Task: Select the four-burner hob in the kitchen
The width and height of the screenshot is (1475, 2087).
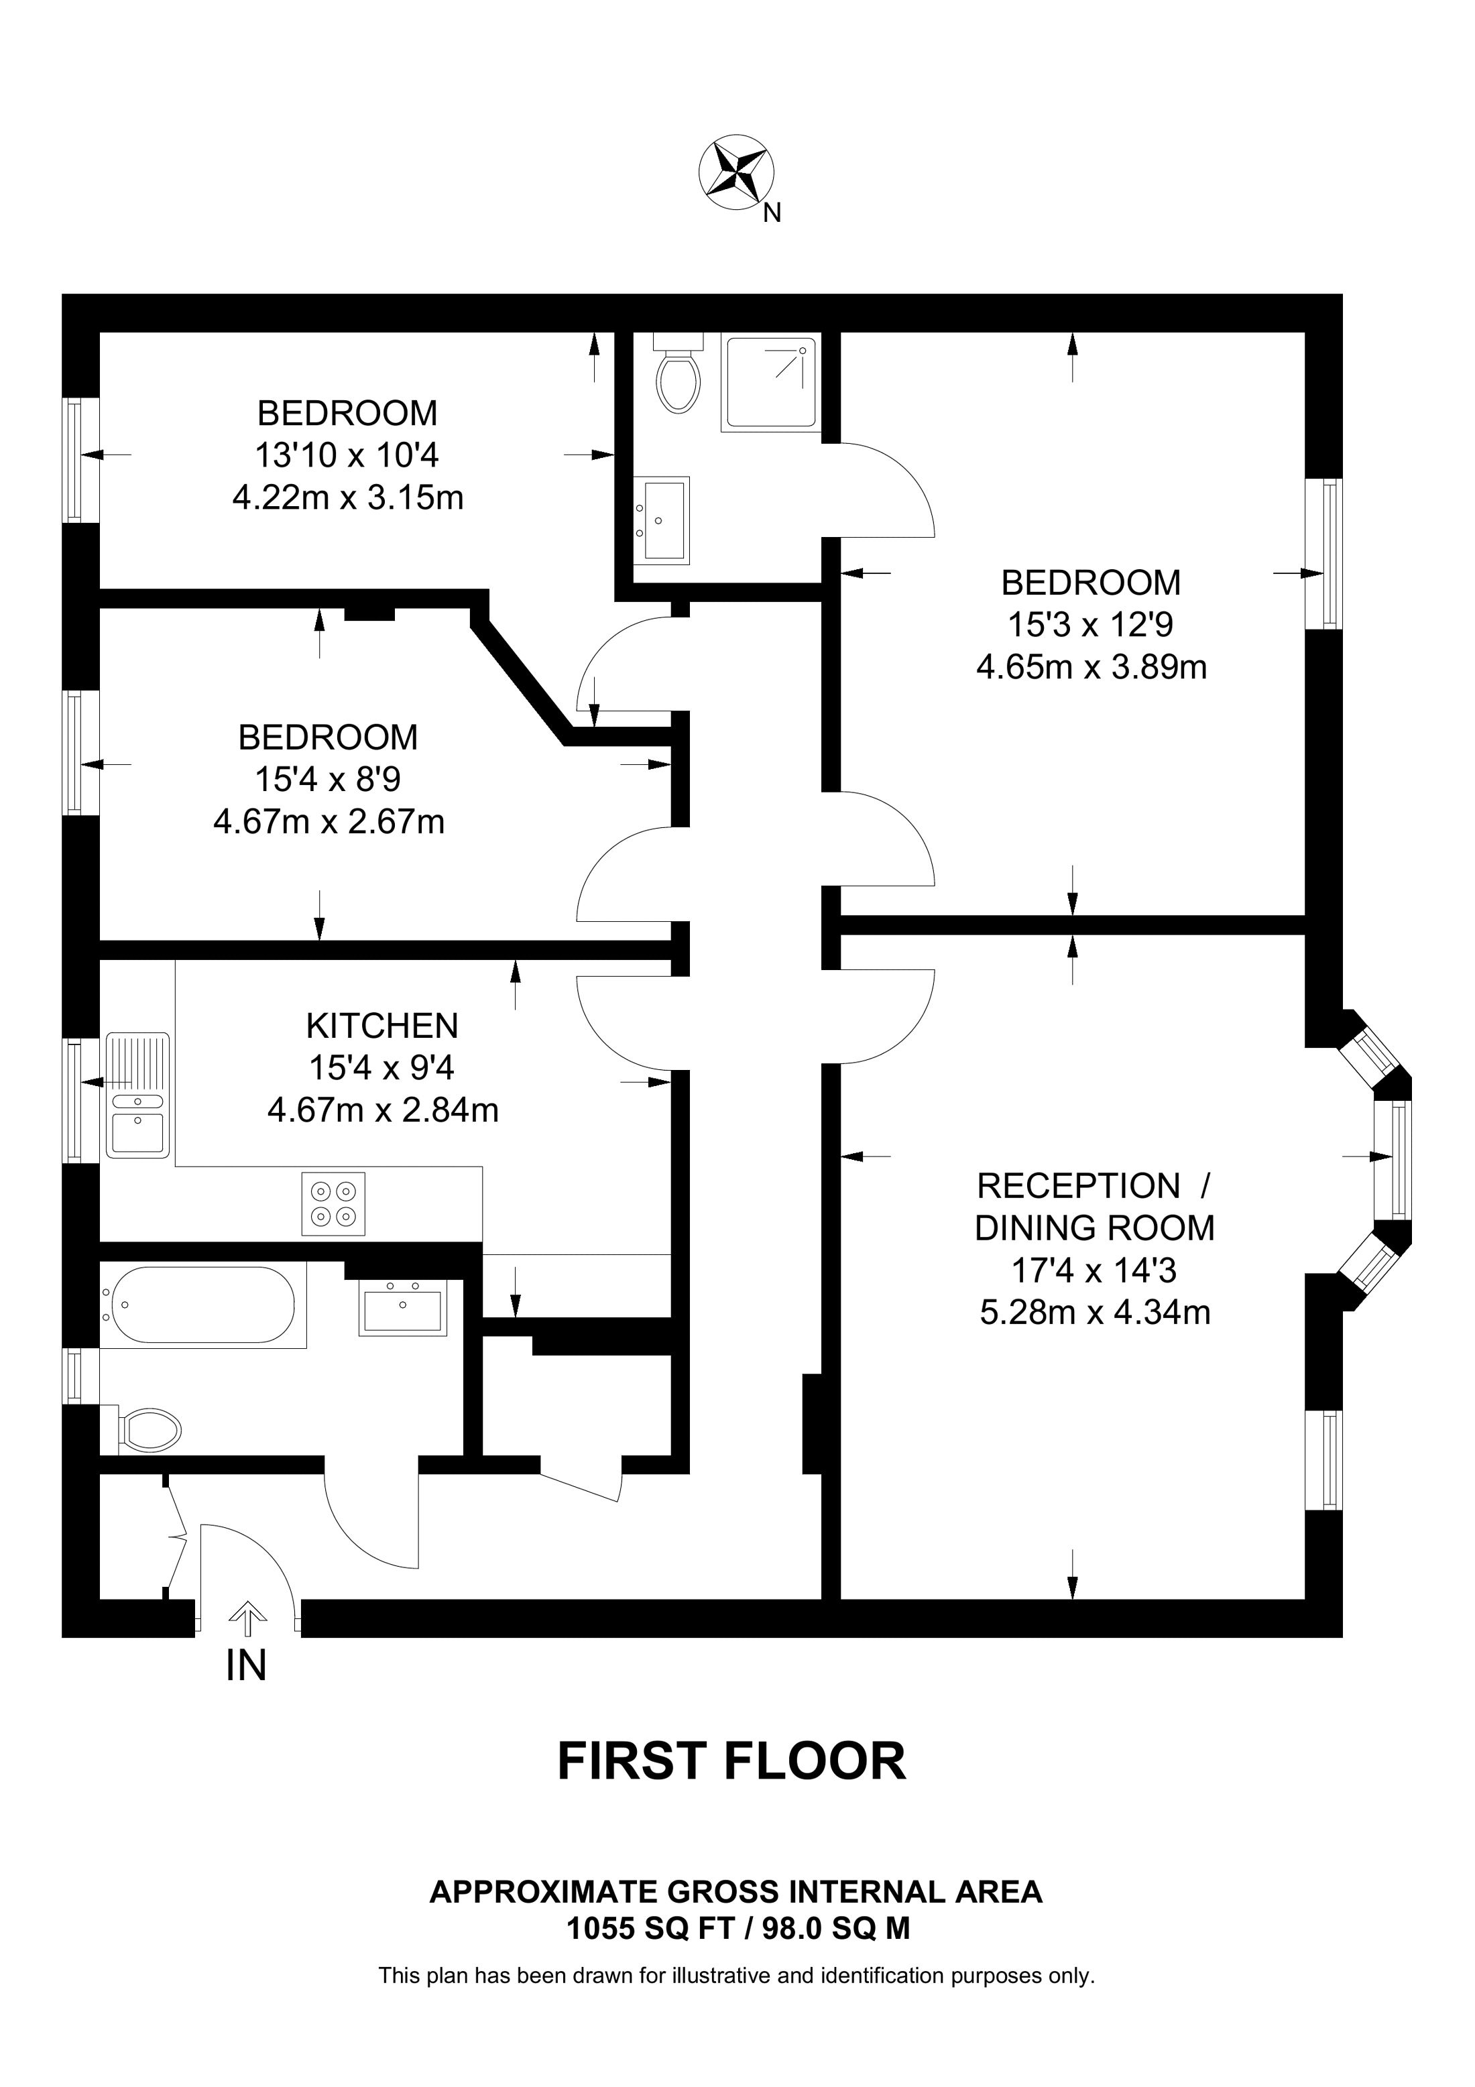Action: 333,1203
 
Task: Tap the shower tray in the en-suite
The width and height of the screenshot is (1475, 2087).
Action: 770,381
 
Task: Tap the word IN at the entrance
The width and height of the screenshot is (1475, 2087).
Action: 246,1665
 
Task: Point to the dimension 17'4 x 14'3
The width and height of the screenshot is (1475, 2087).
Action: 1094,1270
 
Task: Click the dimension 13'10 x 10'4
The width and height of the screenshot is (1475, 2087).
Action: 348,455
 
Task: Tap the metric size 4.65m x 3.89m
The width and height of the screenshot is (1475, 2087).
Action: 1091,668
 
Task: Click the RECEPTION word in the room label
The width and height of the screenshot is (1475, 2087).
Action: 1078,1185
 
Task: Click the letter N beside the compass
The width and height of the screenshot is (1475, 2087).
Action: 772,214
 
